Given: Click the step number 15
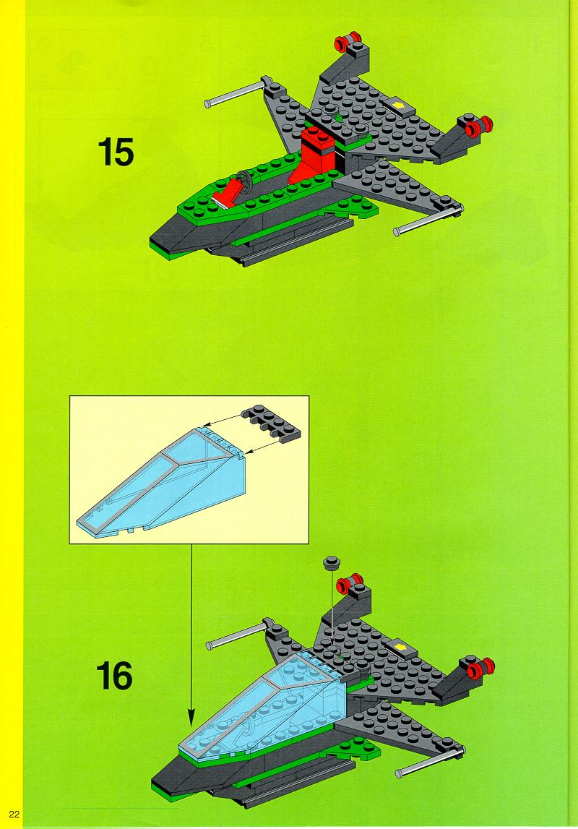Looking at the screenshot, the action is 116,152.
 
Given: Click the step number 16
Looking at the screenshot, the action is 114,676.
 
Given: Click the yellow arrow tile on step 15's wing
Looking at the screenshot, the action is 398,106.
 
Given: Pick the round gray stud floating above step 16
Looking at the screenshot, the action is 332,562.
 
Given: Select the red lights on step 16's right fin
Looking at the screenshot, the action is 480,667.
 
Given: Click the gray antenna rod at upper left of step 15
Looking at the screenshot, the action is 237,93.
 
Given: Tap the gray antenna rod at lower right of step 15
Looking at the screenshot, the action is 427,222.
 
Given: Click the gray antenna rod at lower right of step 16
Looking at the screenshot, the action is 429,763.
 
